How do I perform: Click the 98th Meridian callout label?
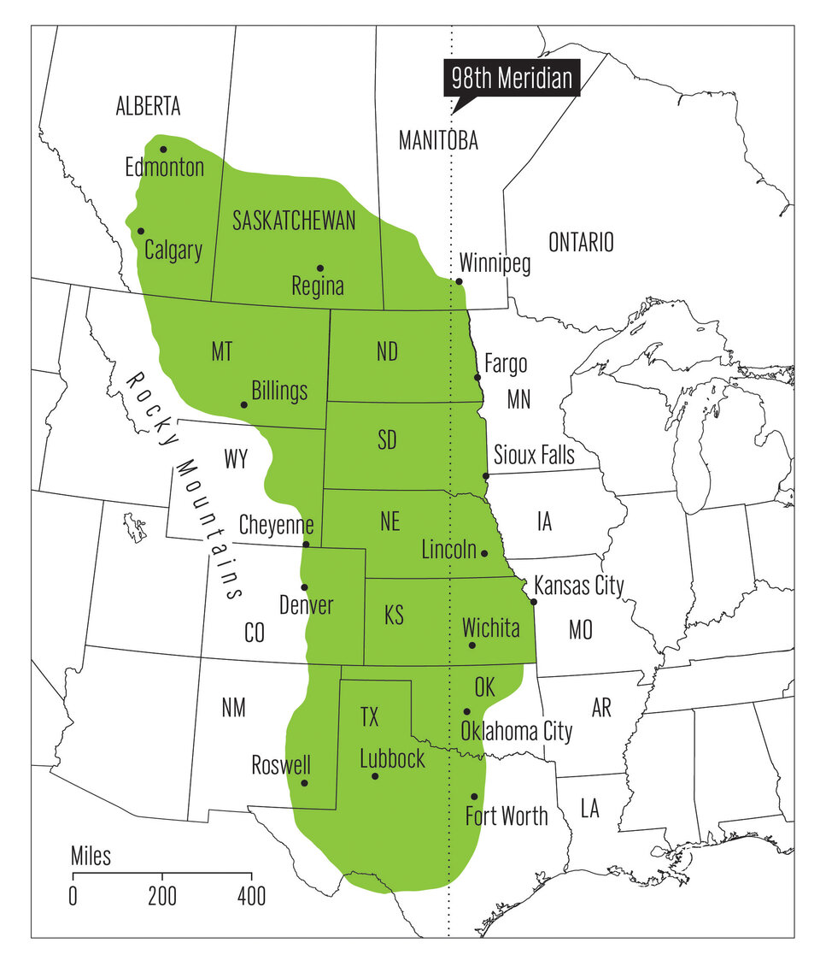tap(511, 80)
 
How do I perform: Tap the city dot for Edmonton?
tap(163, 149)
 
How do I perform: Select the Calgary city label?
tap(173, 250)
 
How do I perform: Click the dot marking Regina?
tap(320, 268)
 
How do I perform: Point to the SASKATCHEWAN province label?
tap(294, 221)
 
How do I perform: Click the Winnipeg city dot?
tap(459, 281)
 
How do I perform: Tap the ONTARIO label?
tap(581, 242)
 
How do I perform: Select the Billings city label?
tap(279, 391)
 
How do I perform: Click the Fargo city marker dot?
tap(477, 377)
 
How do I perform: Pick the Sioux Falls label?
tap(535, 453)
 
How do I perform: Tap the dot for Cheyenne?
tap(307, 545)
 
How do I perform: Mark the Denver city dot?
tap(304, 586)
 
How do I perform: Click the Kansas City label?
tap(579, 586)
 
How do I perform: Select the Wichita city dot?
tap(471, 645)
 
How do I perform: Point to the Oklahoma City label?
tap(516, 731)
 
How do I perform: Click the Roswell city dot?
tap(304, 783)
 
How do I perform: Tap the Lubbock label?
tap(392, 758)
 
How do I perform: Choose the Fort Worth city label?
tap(507, 816)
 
